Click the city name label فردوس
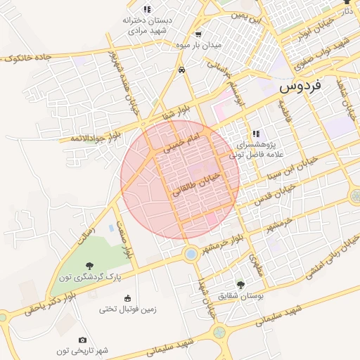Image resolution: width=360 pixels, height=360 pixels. tap(300, 86)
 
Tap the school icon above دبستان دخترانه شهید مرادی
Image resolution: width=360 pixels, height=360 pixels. tap(146, 9)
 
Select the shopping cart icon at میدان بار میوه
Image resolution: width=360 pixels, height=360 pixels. tap(198, 34)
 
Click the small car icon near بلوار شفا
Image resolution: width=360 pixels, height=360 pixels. tap(182, 70)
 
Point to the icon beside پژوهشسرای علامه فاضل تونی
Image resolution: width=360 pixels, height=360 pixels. tap(256, 133)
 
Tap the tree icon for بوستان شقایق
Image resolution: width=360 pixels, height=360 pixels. tap(240, 285)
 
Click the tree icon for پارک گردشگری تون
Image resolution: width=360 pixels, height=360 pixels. tap(89, 265)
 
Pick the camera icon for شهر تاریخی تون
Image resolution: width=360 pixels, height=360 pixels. tap(82, 340)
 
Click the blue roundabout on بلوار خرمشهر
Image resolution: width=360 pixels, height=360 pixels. tap(189, 253)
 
